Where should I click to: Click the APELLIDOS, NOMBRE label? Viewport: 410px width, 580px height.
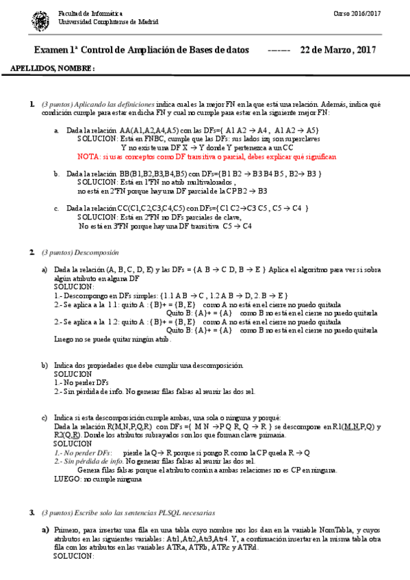coord(53,69)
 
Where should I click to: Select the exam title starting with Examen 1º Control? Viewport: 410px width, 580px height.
coord(141,51)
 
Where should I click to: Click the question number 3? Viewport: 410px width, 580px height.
coord(31,512)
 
